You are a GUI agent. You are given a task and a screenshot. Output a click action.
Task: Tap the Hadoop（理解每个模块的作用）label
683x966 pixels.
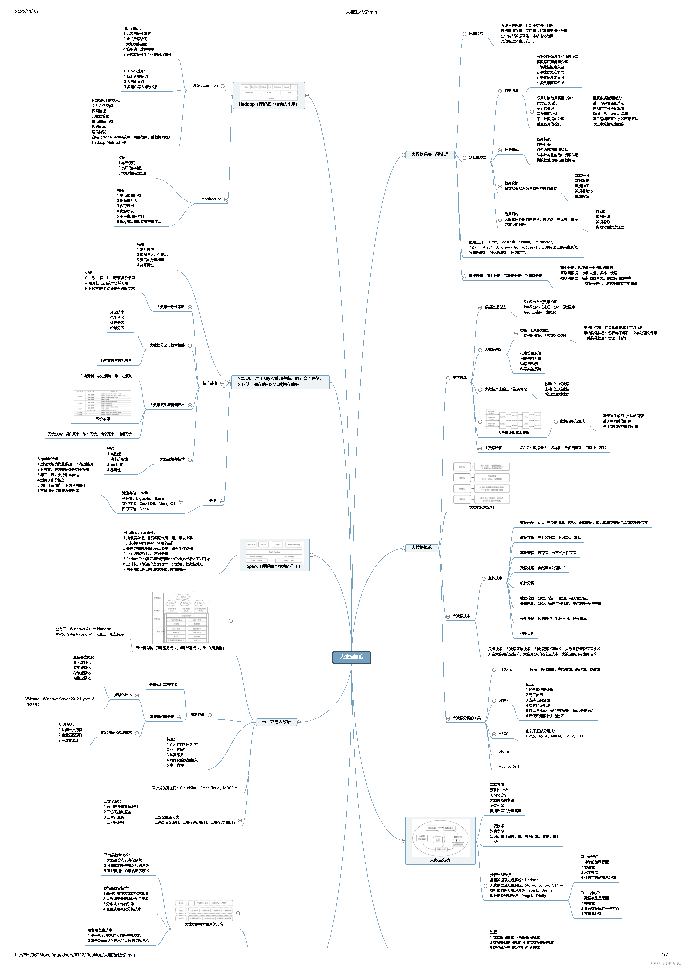click(x=268, y=104)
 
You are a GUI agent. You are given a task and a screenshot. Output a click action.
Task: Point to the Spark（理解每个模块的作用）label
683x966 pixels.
click(x=274, y=566)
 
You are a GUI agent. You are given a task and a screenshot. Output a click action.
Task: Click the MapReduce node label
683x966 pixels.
click(x=211, y=199)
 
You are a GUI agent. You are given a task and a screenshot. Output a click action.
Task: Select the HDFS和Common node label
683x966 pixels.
click(x=204, y=85)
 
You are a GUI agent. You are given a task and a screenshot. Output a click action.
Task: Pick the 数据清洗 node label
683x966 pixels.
click(x=511, y=90)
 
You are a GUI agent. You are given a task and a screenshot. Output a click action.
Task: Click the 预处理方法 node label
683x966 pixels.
click(x=478, y=157)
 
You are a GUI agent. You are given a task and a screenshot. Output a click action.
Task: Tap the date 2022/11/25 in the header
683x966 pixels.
click(x=27, y=11)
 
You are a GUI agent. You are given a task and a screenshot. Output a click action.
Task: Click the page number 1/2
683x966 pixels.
click(x=665, y=955)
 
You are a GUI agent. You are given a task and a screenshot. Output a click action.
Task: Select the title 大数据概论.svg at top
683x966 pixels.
click(x=361, y=12)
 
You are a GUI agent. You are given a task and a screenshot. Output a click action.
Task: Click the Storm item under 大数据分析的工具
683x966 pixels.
click(x=504, y=751)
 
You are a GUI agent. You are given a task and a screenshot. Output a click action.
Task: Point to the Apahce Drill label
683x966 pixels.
click(x=509, y=767)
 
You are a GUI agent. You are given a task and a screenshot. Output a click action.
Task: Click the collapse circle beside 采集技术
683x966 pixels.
click(x=464, y=34)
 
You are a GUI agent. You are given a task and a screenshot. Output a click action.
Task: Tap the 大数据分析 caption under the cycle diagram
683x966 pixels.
click(x=440, y=860)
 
